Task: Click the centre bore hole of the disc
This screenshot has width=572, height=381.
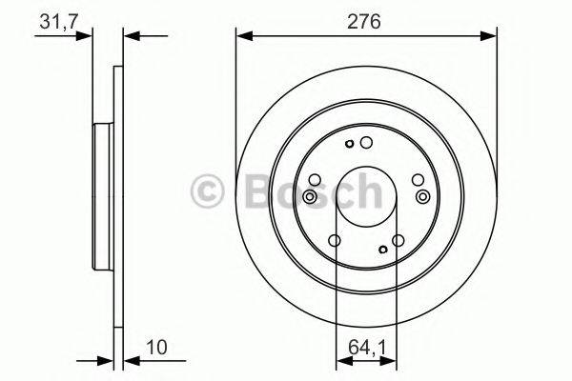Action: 366,195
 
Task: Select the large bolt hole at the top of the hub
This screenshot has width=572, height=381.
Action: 366,143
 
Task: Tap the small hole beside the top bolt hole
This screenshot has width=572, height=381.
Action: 351,145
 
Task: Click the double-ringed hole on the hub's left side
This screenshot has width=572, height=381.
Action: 310,196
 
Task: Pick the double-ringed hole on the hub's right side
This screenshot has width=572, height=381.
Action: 422,196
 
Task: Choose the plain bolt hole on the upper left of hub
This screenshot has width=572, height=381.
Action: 317,179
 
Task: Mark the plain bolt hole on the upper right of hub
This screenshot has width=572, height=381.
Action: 416,179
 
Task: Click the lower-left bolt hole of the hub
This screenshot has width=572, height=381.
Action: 335,241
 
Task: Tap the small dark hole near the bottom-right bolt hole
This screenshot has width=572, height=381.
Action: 382,251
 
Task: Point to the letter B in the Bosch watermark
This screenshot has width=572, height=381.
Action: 251,192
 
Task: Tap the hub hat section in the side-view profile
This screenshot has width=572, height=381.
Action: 102,195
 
